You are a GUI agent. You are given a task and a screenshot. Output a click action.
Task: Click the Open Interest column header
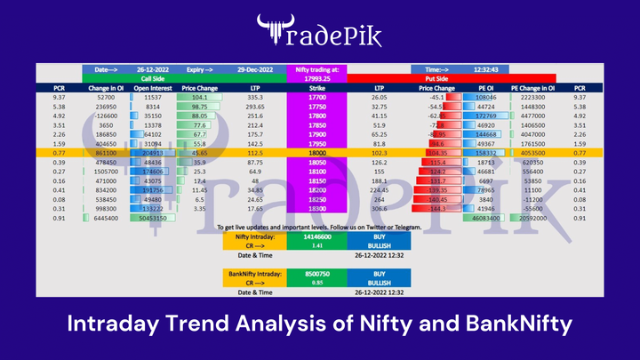(151, 87)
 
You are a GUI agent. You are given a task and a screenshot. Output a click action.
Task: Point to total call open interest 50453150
(151, 218)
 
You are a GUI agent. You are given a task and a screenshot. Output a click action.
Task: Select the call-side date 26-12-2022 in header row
(151, 68)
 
